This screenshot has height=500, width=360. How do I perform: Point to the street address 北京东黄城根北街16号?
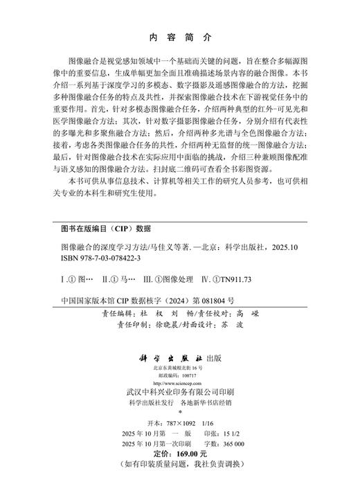click(180, 367)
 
